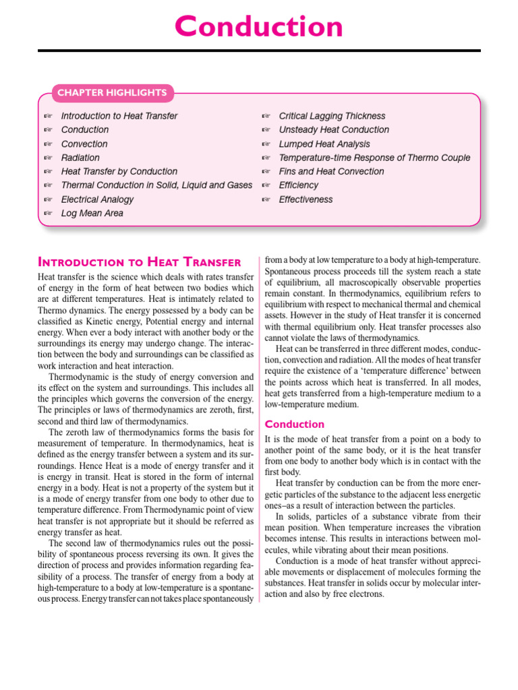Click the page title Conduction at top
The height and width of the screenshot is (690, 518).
[x=259, y=27]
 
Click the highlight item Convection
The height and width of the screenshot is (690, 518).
[x=84, y=144]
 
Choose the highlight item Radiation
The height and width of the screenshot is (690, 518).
[x=80, y=158]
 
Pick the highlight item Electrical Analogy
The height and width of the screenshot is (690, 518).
[x=97, y=199]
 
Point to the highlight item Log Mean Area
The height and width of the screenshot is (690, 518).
[x=92, y=213]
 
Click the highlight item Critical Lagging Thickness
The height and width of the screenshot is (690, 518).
[x=332, y=116]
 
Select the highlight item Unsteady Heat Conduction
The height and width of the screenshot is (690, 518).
[x=334, y=129]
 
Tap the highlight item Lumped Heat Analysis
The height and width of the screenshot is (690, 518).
[x=324, y=144]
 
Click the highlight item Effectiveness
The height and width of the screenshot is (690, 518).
[x=306, y=199]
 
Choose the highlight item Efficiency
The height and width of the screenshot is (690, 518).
[x=298, y=185]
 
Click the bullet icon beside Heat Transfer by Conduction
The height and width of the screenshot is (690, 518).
[x=48, y=172]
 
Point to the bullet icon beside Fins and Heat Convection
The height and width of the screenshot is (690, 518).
[x=266, y=172]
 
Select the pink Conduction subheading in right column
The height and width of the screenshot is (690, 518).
[x=295, y=424]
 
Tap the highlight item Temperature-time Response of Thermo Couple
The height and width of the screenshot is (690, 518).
[x=374, y=158]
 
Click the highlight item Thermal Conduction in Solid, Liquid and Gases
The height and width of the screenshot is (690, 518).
[x=156, y=185]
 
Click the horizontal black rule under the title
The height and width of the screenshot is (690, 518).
[x=259, y=51]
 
